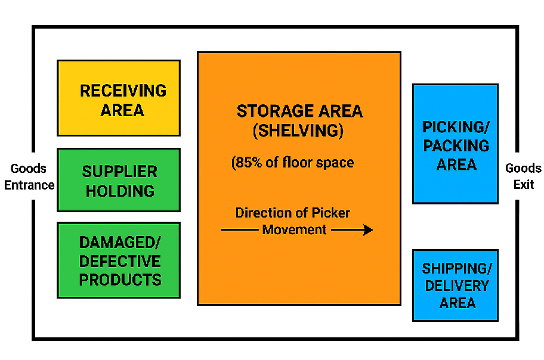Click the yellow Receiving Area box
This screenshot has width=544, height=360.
119,98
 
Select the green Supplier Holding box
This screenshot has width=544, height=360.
119,180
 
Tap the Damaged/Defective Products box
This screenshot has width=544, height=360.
119,260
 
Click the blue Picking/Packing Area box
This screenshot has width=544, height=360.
455,144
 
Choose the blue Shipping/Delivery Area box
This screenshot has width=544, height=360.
455,285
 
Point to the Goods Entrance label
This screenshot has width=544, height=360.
29,177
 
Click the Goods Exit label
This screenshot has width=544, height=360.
523,176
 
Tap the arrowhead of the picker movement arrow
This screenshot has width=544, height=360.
368,230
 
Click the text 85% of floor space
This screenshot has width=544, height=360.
293,162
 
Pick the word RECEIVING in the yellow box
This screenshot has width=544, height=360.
123,91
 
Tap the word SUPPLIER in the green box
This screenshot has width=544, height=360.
120,172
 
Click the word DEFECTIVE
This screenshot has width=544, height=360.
120,262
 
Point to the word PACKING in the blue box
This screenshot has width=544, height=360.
456,146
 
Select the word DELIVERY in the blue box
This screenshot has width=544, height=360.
456,286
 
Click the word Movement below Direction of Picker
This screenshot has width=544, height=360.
295,230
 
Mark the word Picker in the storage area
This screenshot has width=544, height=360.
331,213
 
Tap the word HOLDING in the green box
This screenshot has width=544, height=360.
120,191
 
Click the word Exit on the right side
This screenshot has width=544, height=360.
524,185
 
